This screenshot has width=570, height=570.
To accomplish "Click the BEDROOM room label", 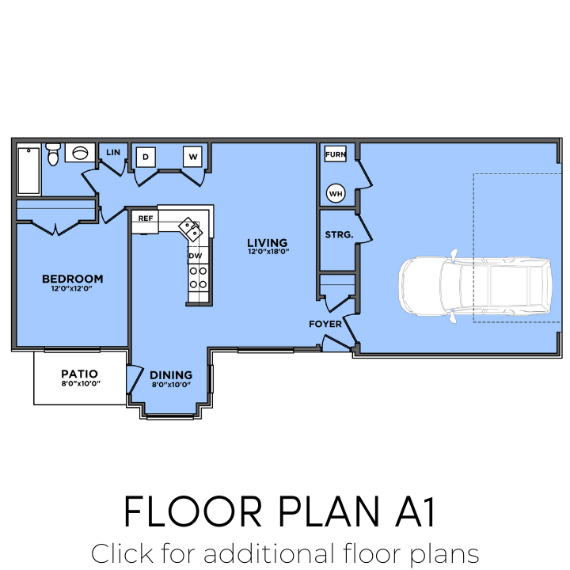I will click(72, 279).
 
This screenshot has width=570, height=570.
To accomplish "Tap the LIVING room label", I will click(267, 243).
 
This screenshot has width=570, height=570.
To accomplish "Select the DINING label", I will click(171, 375).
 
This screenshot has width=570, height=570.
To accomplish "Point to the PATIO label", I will click(79, 374).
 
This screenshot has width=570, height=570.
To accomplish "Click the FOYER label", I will click(325, 324).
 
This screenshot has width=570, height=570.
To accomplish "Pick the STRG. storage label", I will click(339, 234).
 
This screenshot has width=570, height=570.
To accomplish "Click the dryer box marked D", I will click(146, 157).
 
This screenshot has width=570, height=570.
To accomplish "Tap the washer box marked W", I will click(193, 157).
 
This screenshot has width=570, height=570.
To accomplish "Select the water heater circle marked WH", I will click(336, 192).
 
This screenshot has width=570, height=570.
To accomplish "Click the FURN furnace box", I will click(336, 154).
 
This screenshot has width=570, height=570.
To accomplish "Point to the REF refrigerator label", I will click(145, 218).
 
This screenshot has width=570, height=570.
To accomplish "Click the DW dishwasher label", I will click(195, 256).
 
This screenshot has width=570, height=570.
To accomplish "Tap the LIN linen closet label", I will click(112, 152).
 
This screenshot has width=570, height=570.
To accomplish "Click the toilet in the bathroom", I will click(53, 154).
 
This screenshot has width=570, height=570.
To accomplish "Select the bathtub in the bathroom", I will click(29, 169).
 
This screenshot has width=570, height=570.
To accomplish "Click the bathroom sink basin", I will click(80, 152).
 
